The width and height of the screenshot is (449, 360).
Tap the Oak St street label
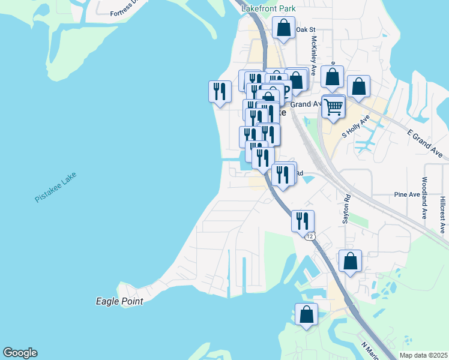pos(306,29)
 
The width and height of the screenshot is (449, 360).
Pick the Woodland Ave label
pos(424,197)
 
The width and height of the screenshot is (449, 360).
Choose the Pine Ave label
pos(406,194)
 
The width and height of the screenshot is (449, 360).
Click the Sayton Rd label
pos(346,209)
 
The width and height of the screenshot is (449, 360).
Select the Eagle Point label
pos(119,301)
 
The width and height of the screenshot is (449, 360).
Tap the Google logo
pos(20,353)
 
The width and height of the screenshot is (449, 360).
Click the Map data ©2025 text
pos(423,355)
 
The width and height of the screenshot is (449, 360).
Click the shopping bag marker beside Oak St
pos(283,28)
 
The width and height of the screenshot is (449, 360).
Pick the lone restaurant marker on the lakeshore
pos(219,91)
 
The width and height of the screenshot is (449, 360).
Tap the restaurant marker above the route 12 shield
pos(302,220)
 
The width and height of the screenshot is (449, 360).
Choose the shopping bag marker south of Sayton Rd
pos(351,261)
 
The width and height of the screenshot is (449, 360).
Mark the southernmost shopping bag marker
pos(306,314)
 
